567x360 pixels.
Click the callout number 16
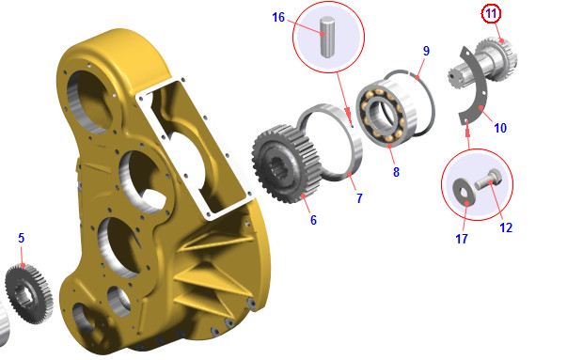[278, 17]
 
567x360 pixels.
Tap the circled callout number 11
[491, 14]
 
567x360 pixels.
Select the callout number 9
[426, 51]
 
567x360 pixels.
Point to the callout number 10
[500, 128]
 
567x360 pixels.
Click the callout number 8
[396, 172]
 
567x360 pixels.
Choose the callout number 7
[359, 198]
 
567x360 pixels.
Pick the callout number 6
[313, 220]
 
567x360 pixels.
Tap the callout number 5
[21, 238]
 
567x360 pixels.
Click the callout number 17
[462, 239]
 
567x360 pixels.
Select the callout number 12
[506, 227]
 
